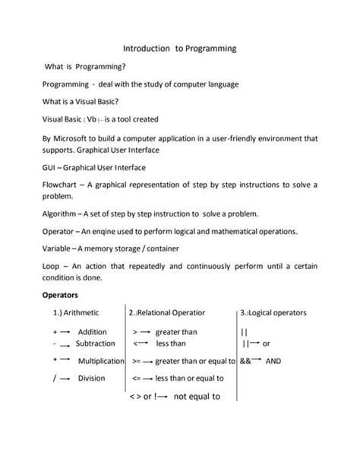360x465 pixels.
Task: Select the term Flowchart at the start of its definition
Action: [60, 185]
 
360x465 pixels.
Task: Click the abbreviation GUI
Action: [50, 167]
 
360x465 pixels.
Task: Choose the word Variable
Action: [58, 248]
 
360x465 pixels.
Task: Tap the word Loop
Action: [51, 267]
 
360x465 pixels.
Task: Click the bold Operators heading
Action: [62, 295]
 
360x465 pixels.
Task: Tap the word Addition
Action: [93, 332]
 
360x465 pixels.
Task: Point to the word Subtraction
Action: [95, 344]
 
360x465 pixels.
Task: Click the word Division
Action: [92, 378]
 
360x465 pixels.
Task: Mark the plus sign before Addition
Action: [55, 332]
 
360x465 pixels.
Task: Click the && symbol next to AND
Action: [245, 361]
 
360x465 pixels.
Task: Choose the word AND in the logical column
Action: [273, 361]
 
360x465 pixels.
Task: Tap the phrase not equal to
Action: [197, 396]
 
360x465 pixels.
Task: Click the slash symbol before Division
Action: [55, 378]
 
